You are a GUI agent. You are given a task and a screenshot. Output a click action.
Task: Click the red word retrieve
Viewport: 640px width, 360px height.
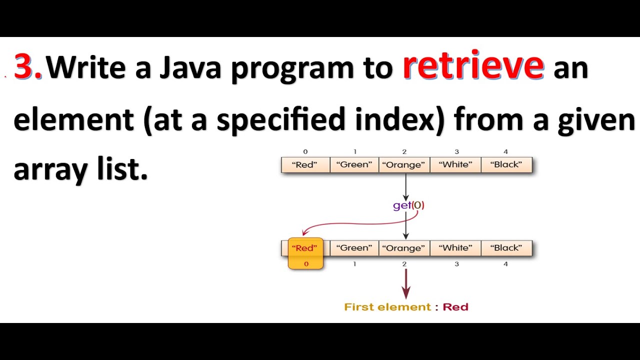pyautogui.click(x=473, y=66)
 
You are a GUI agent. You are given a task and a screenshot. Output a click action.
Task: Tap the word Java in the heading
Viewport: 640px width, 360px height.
pyautogui.click(x=190, y=68)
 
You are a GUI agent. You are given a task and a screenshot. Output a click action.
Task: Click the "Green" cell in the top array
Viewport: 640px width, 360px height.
pyautogui.click(x=354, y=164)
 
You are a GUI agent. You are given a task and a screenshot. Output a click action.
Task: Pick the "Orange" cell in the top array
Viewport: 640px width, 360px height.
pyautogui.click(x=404, y=164)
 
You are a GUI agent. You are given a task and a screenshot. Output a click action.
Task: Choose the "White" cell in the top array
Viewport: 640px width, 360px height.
pyautogui.click(x=456, y=164)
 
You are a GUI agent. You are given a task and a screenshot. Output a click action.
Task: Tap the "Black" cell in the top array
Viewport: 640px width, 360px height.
pyautogui.click(x=506, y=164)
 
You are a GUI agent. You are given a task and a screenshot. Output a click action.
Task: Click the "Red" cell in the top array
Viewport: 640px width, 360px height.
pyautogui.click(x=305, y=164)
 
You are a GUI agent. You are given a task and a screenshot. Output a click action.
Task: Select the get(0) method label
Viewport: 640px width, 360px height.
pyautogui.click(x=408, y=205)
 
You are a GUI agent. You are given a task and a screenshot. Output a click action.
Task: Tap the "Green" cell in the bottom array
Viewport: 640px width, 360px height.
pyautogui.click(x=354, y=248)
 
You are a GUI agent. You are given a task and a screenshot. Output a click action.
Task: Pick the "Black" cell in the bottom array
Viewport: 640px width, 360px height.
pyautogui.click(x=506, y=248)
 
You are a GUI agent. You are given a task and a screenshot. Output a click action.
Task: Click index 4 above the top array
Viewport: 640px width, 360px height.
pyautogui.click(x=506, y=151)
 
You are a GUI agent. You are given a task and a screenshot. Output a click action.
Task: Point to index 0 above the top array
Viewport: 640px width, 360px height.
pyautogui.click(x=305, y=151)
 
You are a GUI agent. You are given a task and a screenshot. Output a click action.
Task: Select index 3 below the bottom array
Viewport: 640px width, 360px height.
pyautogui.click(x=456, y=263)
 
